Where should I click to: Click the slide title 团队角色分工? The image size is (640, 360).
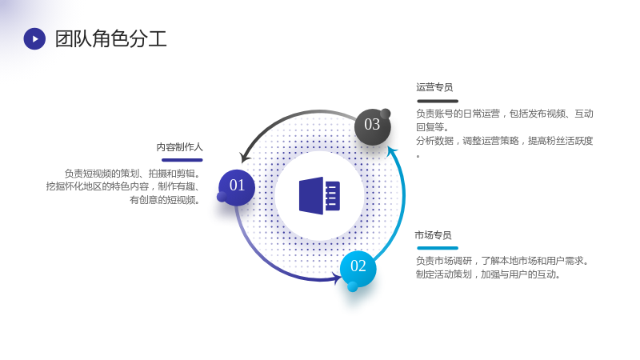click(x=110, y=38)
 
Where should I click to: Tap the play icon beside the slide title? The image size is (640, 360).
click(x=34, y=38)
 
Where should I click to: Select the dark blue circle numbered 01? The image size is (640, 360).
click(x=237, y=187)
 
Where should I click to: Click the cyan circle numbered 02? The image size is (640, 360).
click(x=358, y=268)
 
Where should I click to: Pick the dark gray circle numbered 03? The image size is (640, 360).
click(x=372, y=126)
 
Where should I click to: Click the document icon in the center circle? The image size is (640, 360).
click(x=319, y=195)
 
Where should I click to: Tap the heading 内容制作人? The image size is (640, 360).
click(x=179, y=147)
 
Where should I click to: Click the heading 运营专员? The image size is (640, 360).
click(x=434, y=87)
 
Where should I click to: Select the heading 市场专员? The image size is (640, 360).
click(x=433, y=235)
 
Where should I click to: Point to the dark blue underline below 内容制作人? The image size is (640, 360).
click(x=182, y=160)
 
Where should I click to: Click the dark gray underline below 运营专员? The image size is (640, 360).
click(x=438, y=101)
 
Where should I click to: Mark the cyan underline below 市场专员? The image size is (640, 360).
click(x=438, y=248)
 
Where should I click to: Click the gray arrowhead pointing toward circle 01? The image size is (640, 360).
click(x=246, y=157)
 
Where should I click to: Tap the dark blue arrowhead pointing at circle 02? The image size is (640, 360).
click(x=338, y=278)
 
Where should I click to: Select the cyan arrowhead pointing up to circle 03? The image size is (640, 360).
click(x=392, y=152)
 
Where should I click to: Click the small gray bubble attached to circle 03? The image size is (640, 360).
click(x=386, y=114)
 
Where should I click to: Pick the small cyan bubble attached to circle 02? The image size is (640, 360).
click(x=353, y=286)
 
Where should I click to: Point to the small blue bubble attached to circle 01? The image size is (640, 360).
click(x=222, y=197)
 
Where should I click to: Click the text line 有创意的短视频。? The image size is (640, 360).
click(x=165, y=200)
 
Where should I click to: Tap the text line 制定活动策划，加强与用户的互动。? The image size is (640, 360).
click(x=488, y=274)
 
